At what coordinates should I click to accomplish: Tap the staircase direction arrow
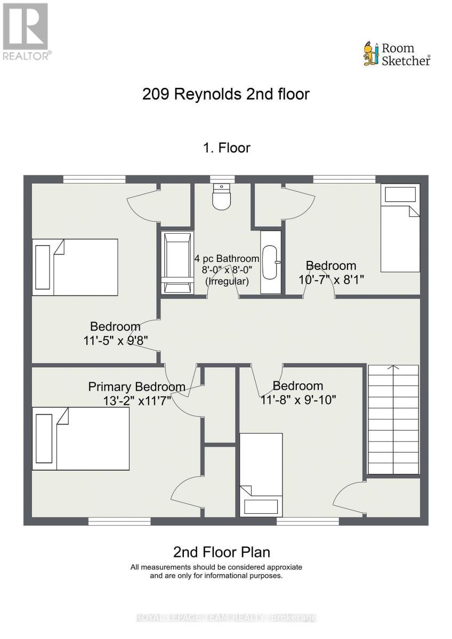pyautogui.click(x=393, y=367)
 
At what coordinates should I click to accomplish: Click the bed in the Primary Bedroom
pyautogui.click(x=80, y=438)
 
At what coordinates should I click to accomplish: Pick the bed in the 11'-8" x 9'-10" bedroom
pyautogui.click(x=261, y=474)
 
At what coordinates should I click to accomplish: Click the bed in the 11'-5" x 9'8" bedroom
pyautogui.click(x=75, y=267)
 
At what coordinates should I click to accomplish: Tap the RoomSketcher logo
pyautogui.click(x=397, y=54)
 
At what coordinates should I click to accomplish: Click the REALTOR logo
pyautogui.click(x=26, y=32)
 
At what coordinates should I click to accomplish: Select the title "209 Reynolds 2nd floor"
pyautogui.click(x=226, y=94)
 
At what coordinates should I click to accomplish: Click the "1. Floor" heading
pyautogui.click(x=226, y=148)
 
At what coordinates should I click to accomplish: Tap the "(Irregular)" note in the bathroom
pyautogui.click(x=227, y=281)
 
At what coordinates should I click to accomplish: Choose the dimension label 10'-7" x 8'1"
pyautogui.click(x=331, y=278)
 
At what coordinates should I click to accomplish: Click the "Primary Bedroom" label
pyautogui.click(x=137, y=387)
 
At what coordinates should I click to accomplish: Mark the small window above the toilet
pyautogui.click(x=219, y=179)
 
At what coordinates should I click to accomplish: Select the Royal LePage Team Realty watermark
pyautogui.click(x=226, y=618)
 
